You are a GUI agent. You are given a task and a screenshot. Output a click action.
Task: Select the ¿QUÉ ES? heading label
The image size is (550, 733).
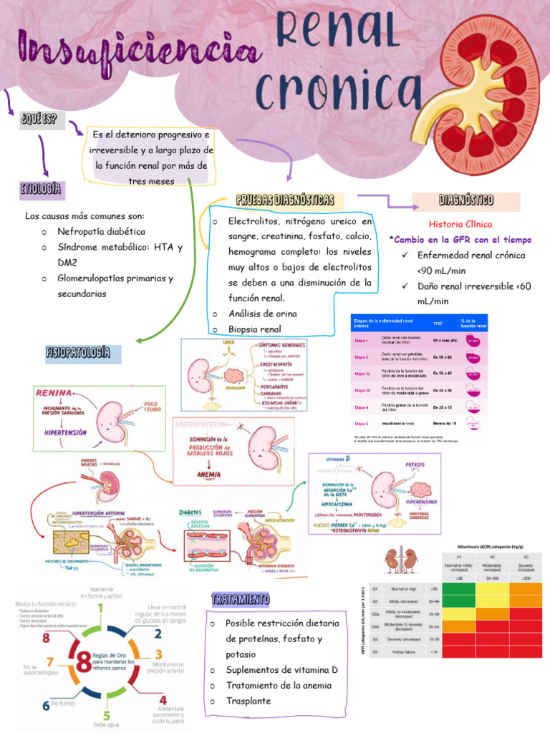click(39, 119)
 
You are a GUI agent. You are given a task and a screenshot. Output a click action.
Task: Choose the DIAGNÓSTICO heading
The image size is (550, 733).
click(465, 200)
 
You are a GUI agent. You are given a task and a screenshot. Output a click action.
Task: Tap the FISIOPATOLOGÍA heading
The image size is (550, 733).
click(78, 353)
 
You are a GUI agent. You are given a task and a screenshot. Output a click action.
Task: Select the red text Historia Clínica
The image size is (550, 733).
click(460, 224)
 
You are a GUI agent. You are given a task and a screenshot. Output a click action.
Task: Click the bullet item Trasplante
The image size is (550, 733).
click(249, 701)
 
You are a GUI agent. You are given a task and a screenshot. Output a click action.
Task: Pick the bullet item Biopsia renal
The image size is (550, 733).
click(254, 329)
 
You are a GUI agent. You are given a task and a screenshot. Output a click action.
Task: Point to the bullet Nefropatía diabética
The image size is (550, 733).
click(101, 232)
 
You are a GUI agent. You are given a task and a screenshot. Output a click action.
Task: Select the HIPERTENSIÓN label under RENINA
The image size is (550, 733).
click(65, 433)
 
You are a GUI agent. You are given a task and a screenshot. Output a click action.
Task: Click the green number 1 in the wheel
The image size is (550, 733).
click(104, 609)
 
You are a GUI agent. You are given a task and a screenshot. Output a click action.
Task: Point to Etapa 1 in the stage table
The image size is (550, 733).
click(362, 341)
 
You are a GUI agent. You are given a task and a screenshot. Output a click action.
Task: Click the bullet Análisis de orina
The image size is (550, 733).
click(262, 314)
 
